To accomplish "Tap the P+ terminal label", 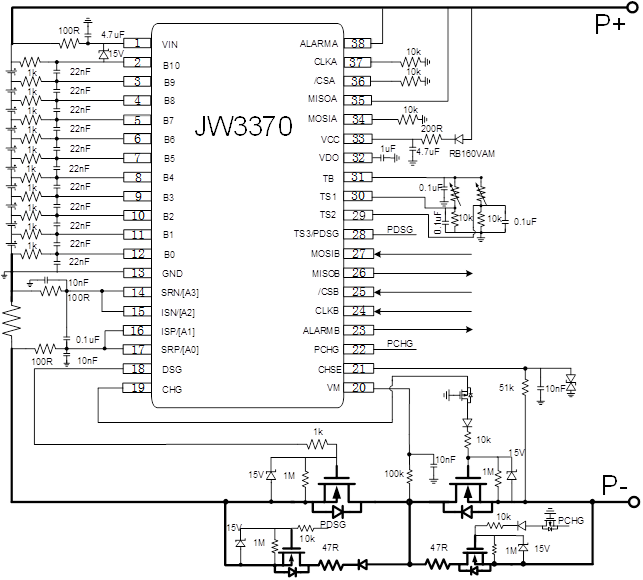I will [x=610, y=25].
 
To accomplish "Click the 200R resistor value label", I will [x=431, y=129].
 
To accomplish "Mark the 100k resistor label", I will [x=395, y=473].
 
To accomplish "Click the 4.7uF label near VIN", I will [x=112, y=34].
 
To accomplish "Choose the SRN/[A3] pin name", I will [x=180, y=292].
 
